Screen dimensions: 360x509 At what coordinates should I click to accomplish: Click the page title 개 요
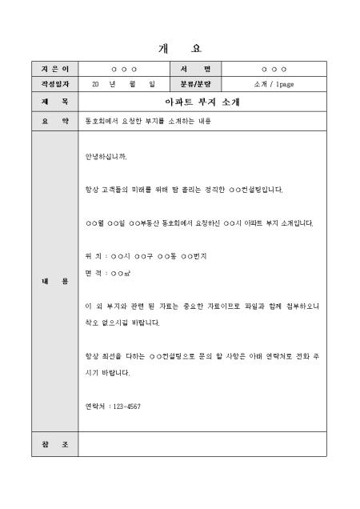[179, 49]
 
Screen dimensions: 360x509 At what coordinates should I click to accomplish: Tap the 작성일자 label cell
[54, 83]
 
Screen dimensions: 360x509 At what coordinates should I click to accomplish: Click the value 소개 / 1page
[274, 83]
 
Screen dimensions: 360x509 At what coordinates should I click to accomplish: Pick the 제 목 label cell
[54, 102]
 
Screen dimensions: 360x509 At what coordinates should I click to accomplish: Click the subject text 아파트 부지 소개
[202, 102]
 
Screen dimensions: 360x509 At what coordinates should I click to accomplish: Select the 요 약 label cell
[54, 122]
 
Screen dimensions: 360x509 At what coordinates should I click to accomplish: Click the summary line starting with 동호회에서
[145, 122]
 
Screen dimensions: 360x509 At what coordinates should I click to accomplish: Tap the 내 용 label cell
[54, 281]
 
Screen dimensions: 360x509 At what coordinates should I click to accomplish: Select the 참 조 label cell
[54, 443]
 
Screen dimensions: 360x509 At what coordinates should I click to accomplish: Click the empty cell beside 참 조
[202, 443]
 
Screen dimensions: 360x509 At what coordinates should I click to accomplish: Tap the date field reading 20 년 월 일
[123, 83]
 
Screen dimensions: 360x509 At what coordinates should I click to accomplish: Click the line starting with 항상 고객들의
[184, 190]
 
